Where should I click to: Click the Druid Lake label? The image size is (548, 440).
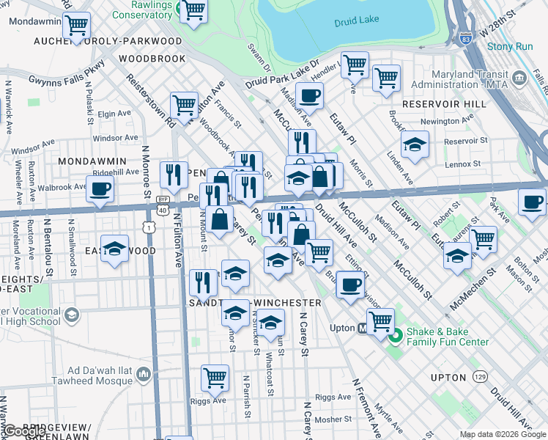(355, 22)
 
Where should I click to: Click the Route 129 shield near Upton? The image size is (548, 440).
(480, 376)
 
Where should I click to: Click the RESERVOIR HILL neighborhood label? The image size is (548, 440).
(443, 104)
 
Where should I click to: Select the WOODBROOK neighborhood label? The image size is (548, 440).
(152, 58)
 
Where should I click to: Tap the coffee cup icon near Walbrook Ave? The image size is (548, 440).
(100, 188)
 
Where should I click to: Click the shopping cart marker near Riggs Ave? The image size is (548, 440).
(215, 377)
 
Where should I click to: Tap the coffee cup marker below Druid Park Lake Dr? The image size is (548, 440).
(309, 95)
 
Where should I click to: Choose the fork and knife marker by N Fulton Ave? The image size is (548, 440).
(174, 174)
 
